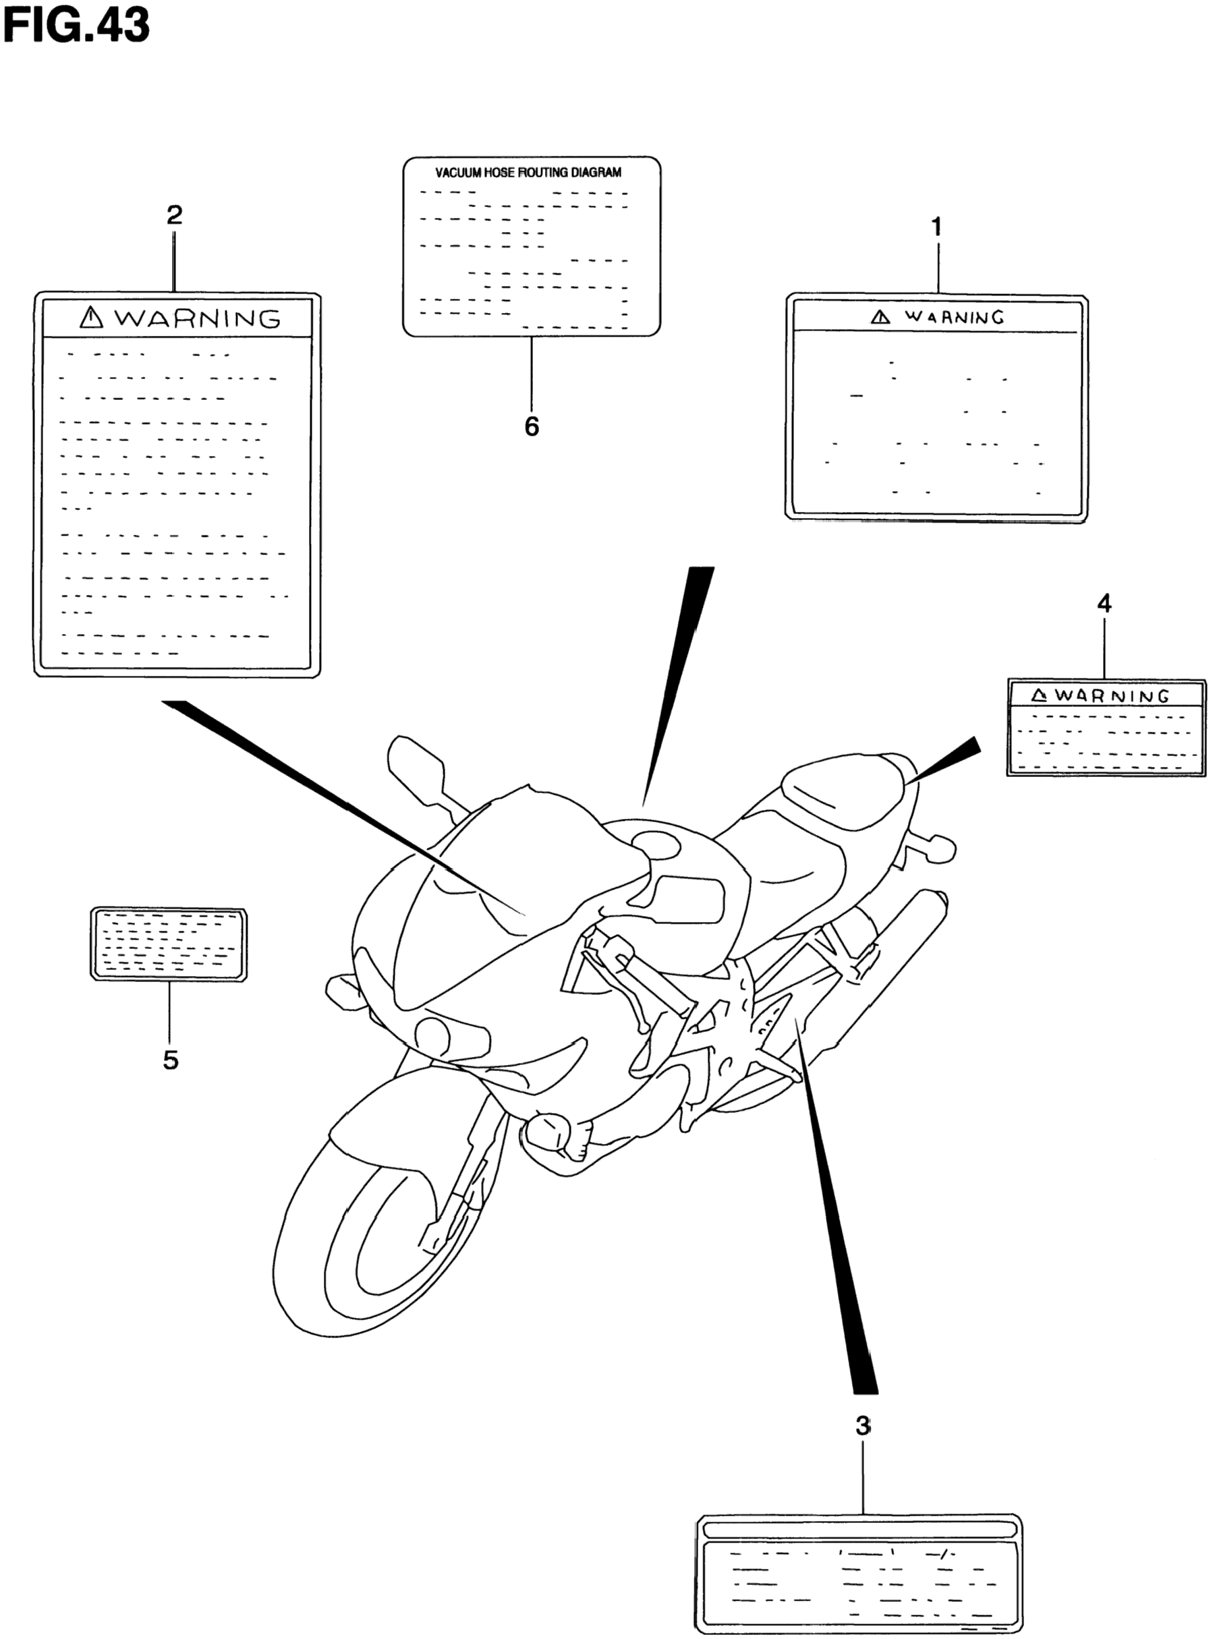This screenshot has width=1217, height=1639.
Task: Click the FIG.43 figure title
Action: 76,25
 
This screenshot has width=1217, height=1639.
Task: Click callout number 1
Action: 936,227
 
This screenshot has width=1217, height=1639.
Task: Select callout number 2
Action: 174,215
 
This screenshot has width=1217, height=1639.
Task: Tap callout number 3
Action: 863,1425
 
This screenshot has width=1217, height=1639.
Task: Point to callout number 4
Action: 1104,604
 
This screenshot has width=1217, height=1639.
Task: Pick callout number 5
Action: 170,1060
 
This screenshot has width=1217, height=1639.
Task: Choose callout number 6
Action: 531,426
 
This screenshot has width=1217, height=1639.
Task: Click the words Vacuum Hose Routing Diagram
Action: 528,173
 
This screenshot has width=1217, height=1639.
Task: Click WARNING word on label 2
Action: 198,318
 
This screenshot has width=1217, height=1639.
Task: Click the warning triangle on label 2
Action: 90,318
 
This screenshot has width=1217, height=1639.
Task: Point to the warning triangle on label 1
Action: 880,317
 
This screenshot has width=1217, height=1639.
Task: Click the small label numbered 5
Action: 168,943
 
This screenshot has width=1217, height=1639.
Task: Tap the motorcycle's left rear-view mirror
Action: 416,766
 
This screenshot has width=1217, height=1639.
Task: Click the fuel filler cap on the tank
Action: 654,843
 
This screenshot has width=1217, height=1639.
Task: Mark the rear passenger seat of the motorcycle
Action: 847,788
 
